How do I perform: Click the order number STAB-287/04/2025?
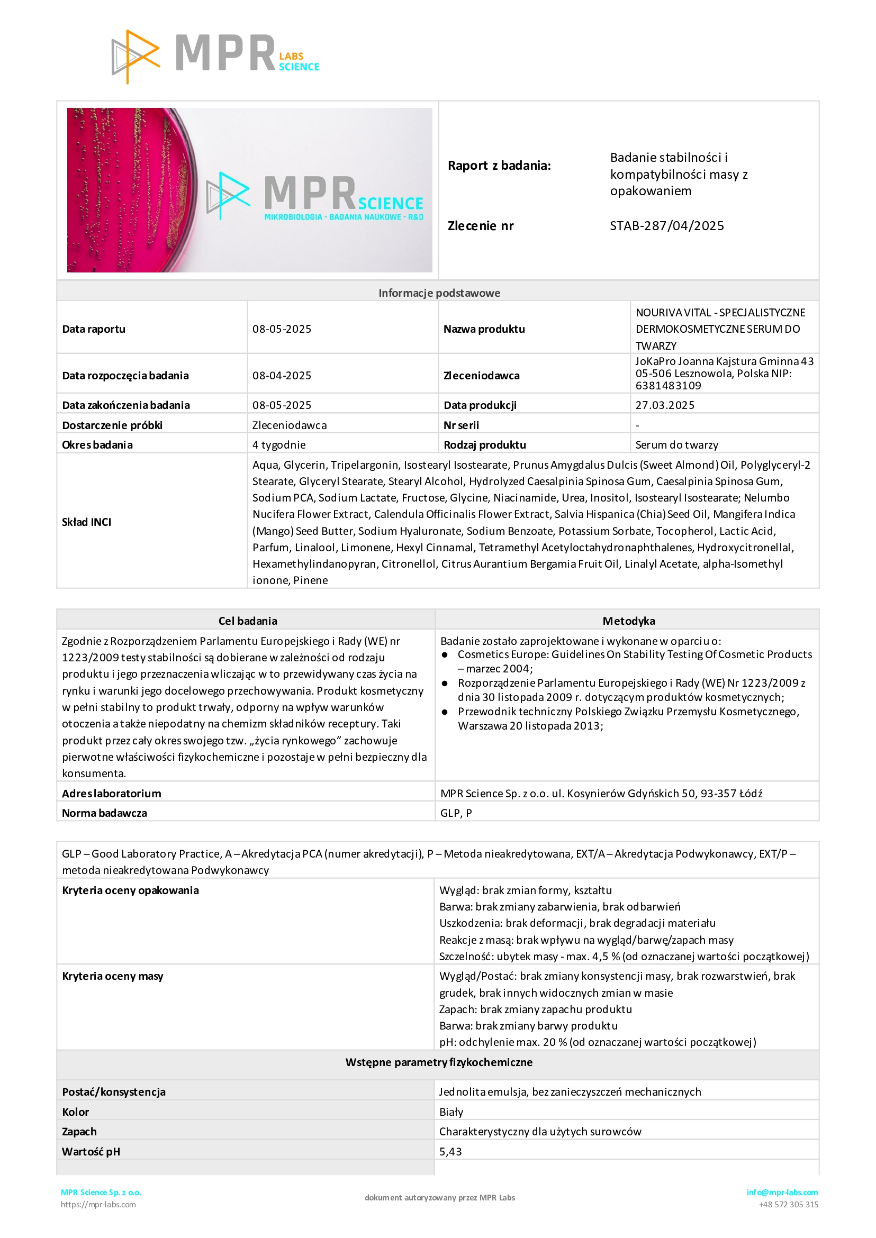[667, 225]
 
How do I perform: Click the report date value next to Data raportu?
[282, 329]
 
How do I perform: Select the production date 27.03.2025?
[665, 405]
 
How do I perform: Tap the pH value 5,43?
[450, 1151]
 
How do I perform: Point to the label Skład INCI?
[86, 522]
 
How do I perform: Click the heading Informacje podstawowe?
[439, 293]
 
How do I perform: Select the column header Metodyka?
[628, 621]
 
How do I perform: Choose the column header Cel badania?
[248, 621]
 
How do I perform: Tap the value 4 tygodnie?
[279, 445]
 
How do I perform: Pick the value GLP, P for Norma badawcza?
[456, 813]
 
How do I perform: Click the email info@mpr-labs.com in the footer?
[782, 1192]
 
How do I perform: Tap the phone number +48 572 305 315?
[788, 1205]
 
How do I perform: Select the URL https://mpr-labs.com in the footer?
[98, 1205]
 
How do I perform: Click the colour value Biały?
[451, 1112]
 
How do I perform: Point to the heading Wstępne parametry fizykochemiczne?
[439, 1062]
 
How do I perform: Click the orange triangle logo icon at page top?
[135, 56]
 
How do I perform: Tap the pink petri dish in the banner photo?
[130, 189]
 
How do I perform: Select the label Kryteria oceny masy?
[112, 976]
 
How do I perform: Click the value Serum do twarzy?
[676, 445]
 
